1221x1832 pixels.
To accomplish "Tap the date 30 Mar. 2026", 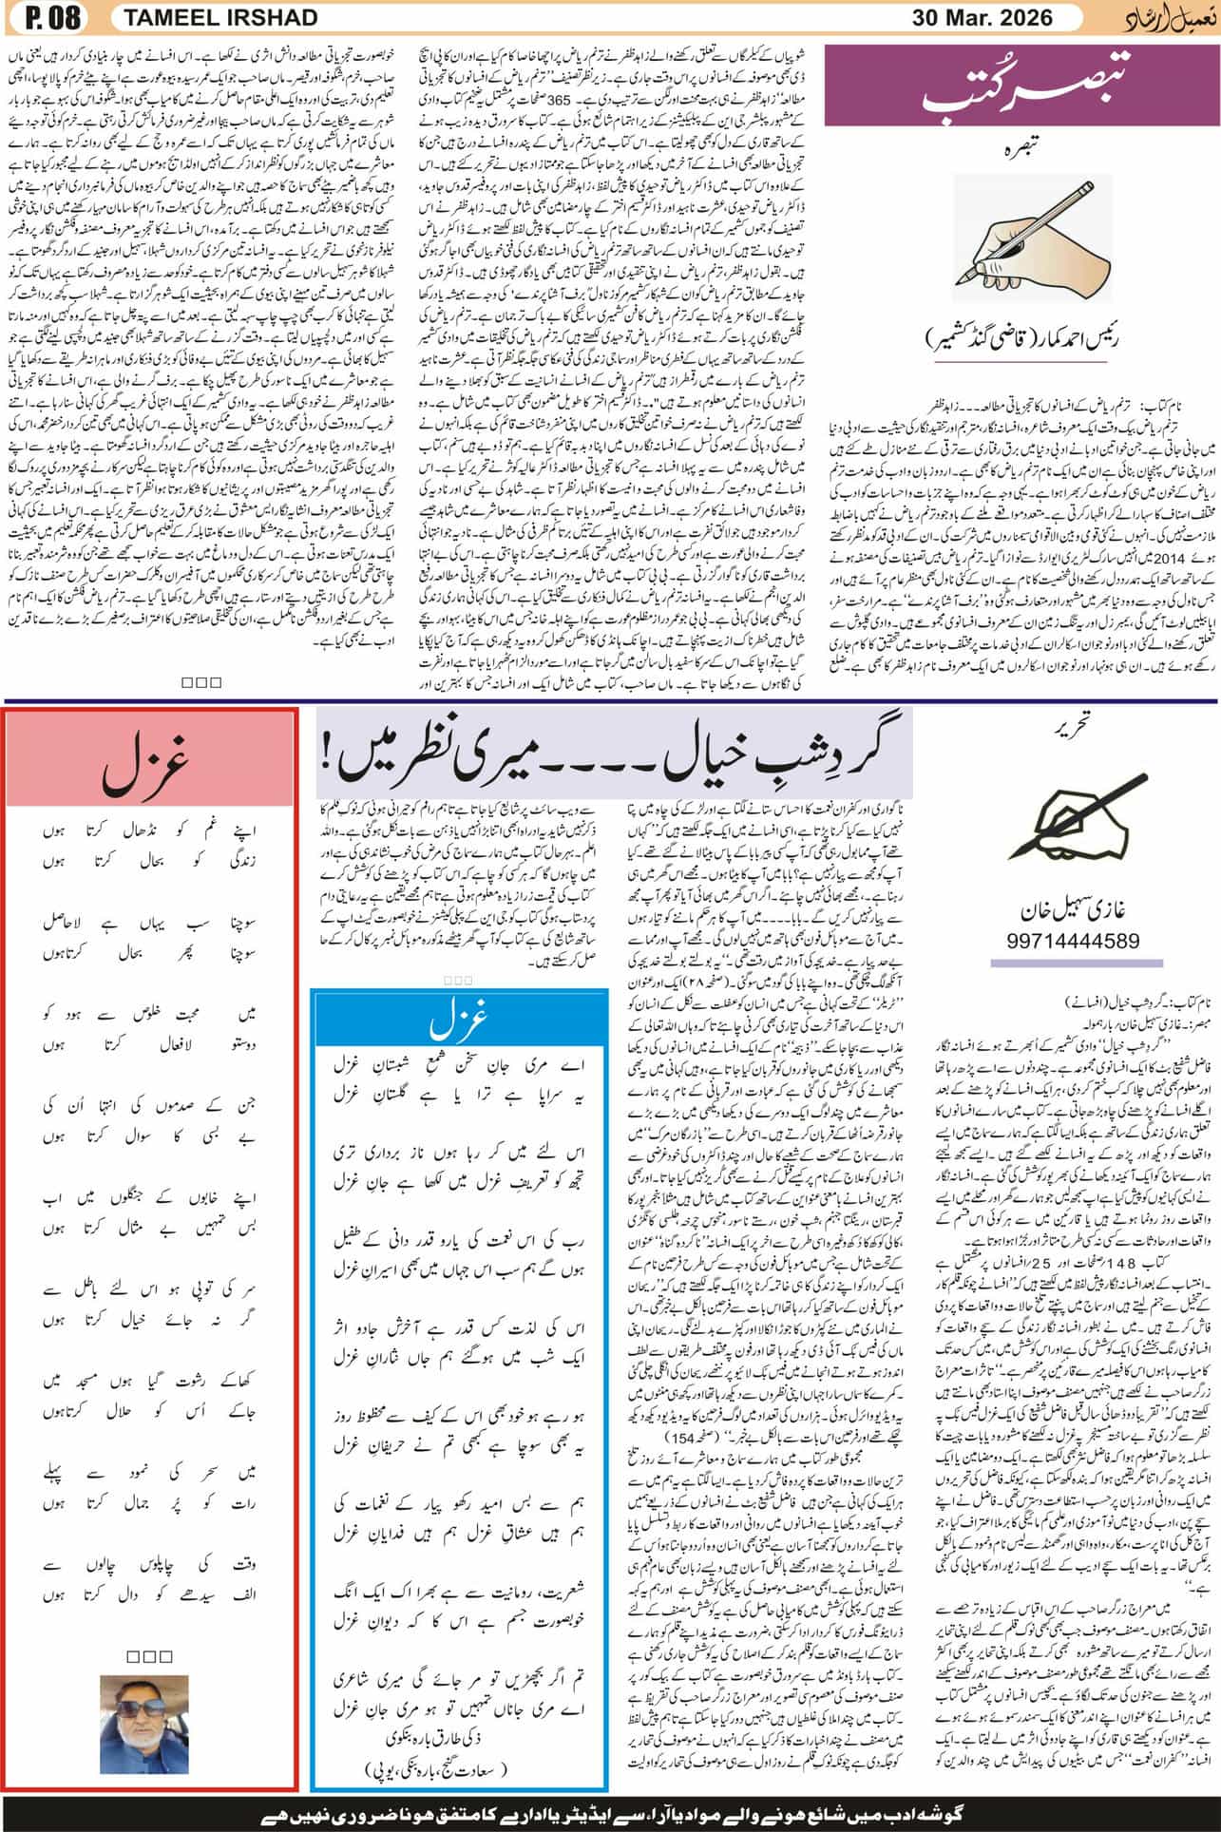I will coord(983,18).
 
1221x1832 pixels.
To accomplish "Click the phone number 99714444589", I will coord(1071,940).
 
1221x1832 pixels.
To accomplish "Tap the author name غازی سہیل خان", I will coord(1072,906).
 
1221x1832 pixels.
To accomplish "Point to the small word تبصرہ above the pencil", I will coord(1021,149).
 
